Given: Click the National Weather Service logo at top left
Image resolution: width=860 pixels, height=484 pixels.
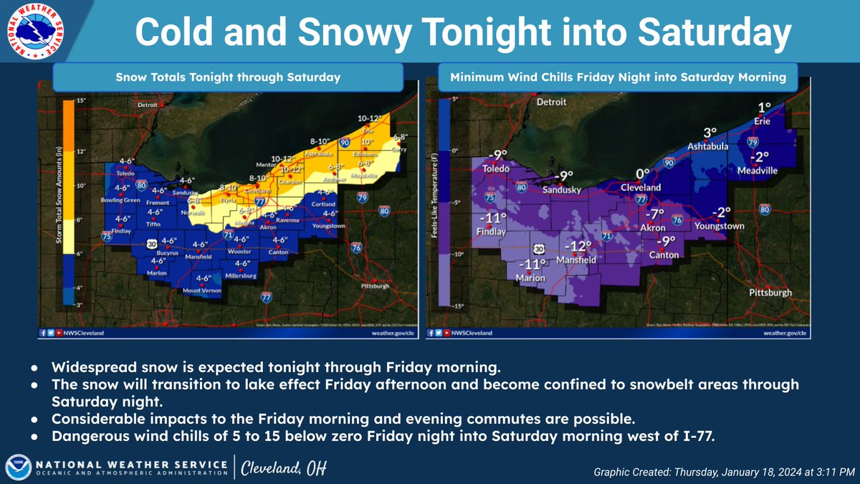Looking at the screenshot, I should pyautogui.click(x=34, y=32).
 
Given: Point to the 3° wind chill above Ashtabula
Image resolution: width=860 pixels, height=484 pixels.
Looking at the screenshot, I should pyautogui.click(x=709, y=133).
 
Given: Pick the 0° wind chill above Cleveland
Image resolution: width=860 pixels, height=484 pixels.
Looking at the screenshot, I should pyautogui.click(x=642, y=173).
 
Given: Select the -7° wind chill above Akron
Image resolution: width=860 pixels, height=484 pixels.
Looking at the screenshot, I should pyautogui.click(x=652, y=214).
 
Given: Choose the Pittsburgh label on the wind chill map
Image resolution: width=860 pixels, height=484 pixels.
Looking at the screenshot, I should pyautogui.click(x=770, y=293).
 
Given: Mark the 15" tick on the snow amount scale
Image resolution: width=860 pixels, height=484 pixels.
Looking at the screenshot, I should pyautogui.click(x=81, y=100).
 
